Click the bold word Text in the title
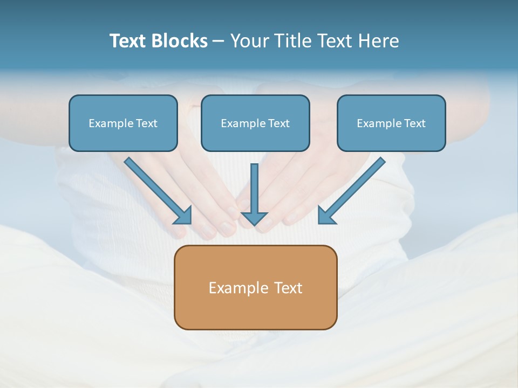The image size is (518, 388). tap(127, 41)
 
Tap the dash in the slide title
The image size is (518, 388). tap(219, 41)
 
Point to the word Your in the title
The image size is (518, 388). tap(249, 41)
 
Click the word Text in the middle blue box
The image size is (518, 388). tap(279, 123)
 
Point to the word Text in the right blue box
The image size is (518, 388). tap(415, 123)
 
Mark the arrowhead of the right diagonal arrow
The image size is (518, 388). tap(326, 216)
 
